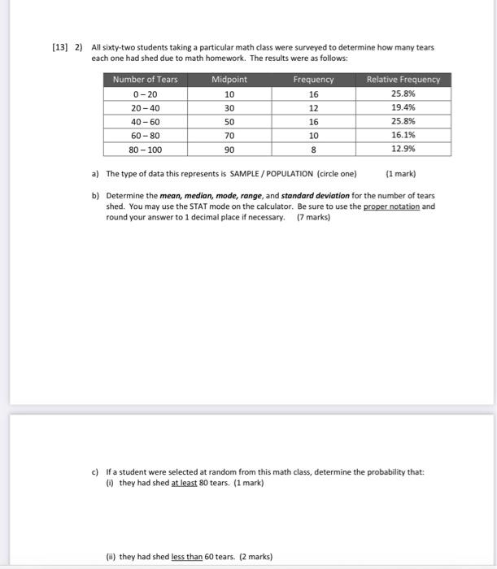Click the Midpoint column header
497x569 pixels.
(x=229, y=80)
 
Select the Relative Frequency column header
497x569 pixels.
(x=403, y=80)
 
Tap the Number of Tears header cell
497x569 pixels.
(x=145, y=80)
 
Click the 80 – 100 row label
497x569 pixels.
(x=145, y=150)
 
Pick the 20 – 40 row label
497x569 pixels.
(x=145, y=107)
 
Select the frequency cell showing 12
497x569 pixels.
(x=313, y=107)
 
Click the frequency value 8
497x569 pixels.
(x=313, y=150)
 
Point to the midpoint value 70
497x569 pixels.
(x=229, y=136)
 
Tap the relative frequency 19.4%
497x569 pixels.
(x=403, y=107)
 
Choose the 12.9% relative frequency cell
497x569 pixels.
(x=403, y=150)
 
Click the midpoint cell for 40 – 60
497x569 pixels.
(x=229, y=122)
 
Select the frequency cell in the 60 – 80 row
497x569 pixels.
(x=313, y=136)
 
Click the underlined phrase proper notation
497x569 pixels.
(x=391, y=206)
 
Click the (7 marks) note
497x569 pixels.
(x=313, y=217)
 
